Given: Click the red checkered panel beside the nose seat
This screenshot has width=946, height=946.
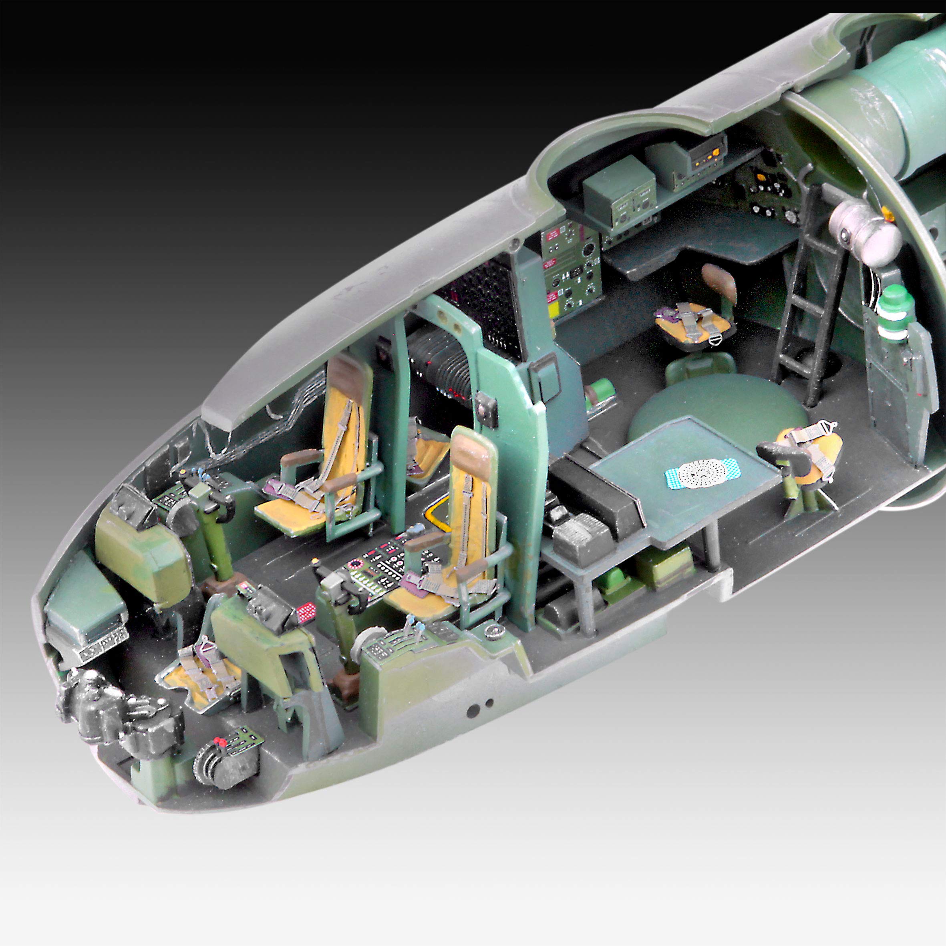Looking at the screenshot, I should pyautogui.click(x=306, y=612).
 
